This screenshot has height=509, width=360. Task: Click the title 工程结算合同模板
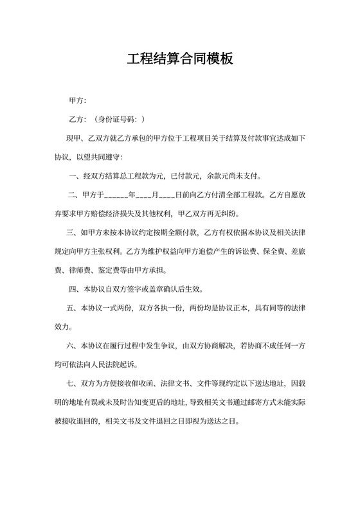(x=179, y=60)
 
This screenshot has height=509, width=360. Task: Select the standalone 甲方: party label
(x=77, y=101)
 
